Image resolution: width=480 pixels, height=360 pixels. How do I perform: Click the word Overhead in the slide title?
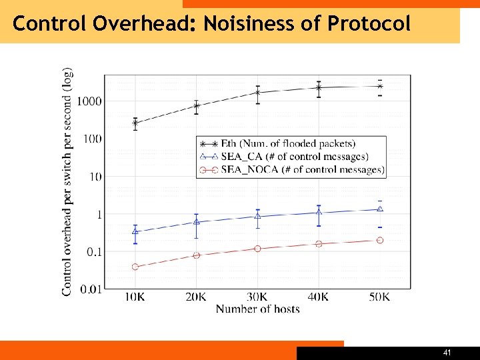[x=141, y=24]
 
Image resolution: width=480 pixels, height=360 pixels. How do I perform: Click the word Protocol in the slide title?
[x=369, y=24]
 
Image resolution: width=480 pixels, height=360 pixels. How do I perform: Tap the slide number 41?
[x=447, y=352]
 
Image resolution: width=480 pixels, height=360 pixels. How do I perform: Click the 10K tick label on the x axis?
[x=135, y=297]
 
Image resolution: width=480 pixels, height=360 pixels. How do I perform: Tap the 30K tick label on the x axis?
[x=257, y=297]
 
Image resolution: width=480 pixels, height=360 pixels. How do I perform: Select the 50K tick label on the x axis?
[x=379, y=297]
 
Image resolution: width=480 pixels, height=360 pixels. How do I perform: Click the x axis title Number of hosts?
[x=257, y=309]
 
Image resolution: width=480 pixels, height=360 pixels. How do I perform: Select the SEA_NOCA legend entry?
[x=291, y=170]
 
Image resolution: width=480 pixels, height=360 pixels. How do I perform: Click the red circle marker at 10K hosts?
[x=135, y=267]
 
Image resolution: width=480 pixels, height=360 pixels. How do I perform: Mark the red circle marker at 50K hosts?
[x=380, y=240]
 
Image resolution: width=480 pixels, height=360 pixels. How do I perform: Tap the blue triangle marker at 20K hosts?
[x=196, y=221]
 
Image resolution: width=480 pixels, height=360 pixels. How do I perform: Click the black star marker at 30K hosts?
[x=257, y=93]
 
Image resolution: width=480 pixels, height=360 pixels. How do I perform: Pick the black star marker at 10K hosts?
[x=135, y=123]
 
